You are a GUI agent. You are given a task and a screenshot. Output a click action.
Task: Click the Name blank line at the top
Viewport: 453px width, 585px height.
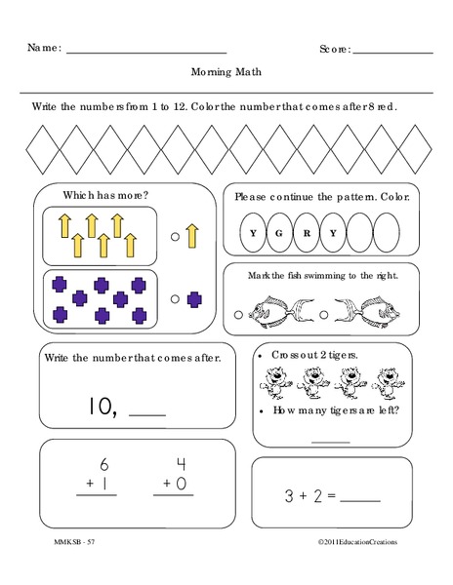coord(145,51)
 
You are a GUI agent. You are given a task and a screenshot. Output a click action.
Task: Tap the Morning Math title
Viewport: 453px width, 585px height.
coord(226,72)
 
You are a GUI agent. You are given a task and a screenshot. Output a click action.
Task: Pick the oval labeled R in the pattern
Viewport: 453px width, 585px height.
coord(306,233)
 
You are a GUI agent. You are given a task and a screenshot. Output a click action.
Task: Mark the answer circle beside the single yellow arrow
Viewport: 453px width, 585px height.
coord(175,235)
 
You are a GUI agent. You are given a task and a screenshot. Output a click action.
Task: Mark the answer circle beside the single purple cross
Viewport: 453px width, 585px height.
coord(175,299)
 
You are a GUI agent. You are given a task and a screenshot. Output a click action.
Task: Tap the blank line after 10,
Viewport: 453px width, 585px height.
coord(147,414)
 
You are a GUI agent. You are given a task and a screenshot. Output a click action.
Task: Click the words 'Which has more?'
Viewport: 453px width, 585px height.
coord(106,195)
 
